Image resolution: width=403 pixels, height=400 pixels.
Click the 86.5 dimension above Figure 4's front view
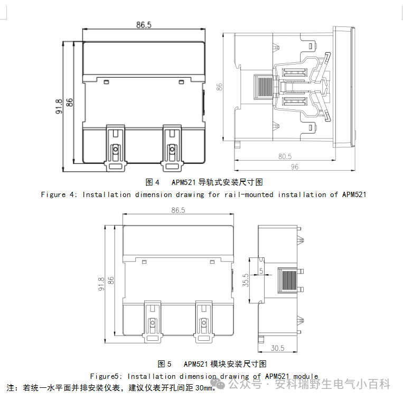coord(144,25)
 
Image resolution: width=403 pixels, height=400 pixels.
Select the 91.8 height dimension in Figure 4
coord(59,106)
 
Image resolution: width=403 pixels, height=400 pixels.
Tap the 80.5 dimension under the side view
coord(285,156)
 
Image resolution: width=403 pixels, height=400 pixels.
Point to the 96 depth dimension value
coord(294,167)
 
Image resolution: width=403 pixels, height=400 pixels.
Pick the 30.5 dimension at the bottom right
coord(278,348)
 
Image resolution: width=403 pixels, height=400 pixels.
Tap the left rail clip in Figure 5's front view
coord(152,322)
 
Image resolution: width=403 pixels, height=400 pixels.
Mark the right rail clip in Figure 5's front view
coord(203,322)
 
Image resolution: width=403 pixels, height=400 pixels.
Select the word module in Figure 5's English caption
coord(303,376)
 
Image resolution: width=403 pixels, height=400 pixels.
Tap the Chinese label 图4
coord(153,182)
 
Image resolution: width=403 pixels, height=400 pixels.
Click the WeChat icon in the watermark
coord(218,384)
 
